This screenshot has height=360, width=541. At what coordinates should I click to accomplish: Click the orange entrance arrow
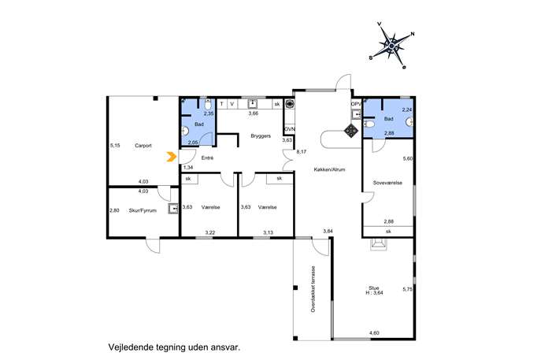point(172,157)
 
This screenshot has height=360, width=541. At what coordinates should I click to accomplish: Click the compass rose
point(391,45)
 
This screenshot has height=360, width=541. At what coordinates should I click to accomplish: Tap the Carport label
point(143,146)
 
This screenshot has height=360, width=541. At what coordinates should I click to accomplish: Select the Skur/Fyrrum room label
point(143,210)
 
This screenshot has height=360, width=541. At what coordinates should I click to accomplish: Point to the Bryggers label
point(261,136)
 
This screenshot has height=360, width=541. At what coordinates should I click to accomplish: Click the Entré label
point(207,158)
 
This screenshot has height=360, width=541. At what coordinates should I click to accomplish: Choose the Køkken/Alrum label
point(329,169)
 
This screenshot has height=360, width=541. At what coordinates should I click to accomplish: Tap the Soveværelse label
point(387,183)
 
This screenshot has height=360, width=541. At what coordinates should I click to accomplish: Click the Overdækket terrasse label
point(313,289)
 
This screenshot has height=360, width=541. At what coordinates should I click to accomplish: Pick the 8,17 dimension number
point(302,151)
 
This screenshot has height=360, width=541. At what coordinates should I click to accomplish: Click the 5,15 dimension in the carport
point(115,146)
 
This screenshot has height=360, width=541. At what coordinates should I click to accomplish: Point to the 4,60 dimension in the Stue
point(374,333)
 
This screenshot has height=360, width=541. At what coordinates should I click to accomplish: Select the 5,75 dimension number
point(408,289)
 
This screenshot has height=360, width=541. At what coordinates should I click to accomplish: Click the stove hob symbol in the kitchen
point(351,131)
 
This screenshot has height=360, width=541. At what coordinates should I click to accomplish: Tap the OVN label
point(290,129)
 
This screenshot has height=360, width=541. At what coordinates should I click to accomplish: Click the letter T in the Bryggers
point(222,104)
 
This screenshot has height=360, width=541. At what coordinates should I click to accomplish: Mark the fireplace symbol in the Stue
point(379,244)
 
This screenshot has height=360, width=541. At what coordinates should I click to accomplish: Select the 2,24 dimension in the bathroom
point(407,109)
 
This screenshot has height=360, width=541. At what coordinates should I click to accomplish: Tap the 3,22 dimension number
point(209,232)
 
